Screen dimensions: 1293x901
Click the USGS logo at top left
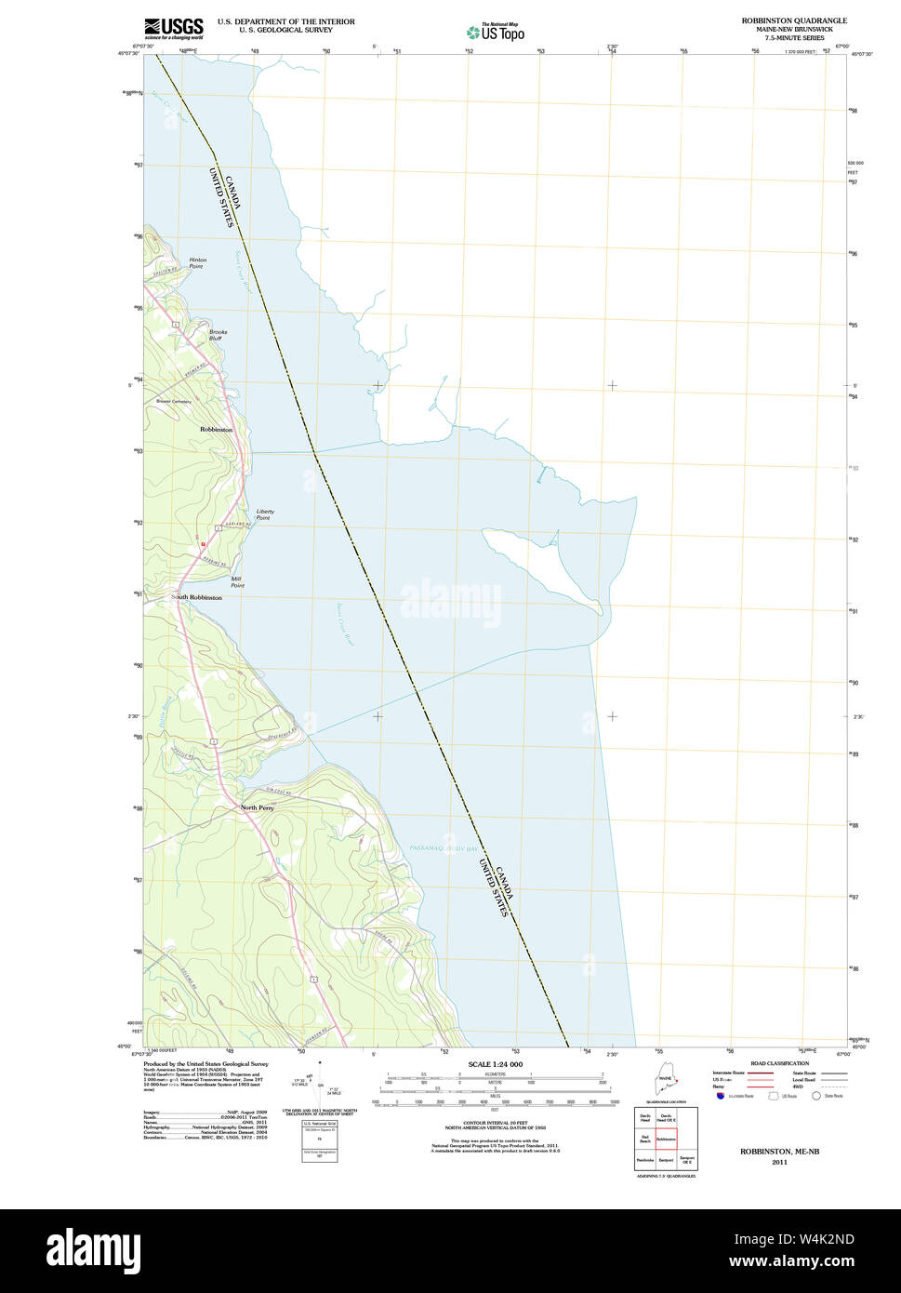pos(173,27)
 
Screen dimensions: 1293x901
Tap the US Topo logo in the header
pos(496,32)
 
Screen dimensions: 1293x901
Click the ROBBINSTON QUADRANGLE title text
pos(794,20)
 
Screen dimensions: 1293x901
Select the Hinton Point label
pos(197,263)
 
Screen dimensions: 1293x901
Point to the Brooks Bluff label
pos(218,335)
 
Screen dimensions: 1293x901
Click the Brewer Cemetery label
pos(173,401)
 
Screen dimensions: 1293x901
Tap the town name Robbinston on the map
pos(216,430)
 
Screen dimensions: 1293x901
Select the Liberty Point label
pos(265,514)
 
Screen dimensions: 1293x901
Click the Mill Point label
pos(237,582)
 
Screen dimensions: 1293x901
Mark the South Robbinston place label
pos(196,598)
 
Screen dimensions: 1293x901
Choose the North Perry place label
pos(257,807)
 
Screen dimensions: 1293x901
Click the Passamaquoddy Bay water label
pos(444,848)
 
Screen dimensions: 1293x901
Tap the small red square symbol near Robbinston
pos(202,543)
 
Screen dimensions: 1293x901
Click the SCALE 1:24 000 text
pos(496,1064)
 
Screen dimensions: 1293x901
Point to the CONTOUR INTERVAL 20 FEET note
pos(495,1123)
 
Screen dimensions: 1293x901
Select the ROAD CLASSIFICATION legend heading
pos(779,1063)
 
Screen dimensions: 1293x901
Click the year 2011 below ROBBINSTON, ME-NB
pos(779,1162)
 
